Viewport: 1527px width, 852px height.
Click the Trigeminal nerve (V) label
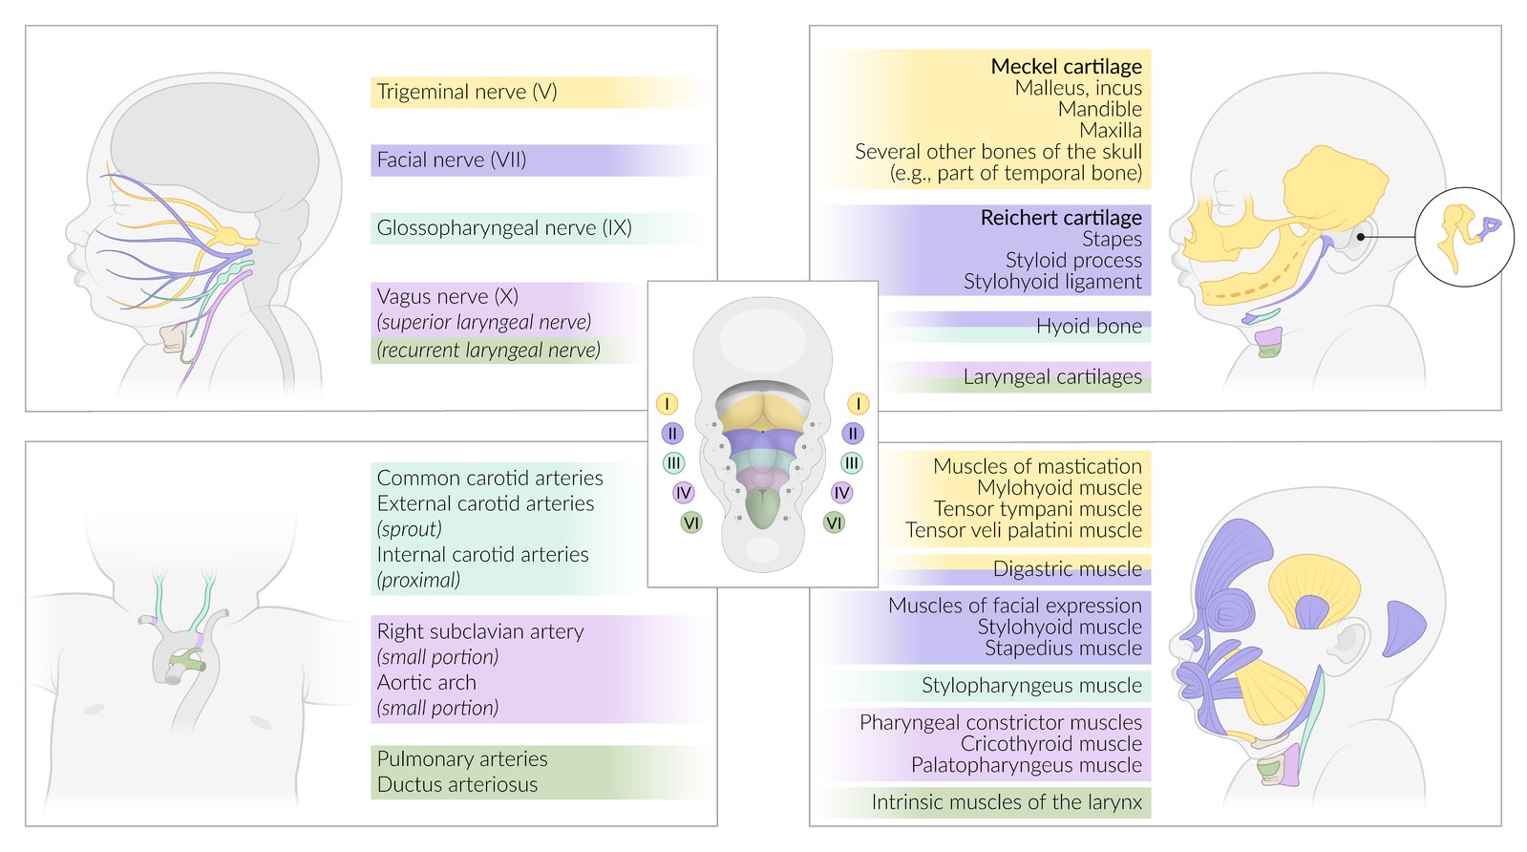point(467,92)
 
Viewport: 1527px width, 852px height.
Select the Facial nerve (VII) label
point(452,160)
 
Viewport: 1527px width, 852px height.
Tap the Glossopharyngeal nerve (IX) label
point(504,227)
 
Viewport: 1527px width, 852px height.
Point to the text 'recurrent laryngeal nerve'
point(489,351)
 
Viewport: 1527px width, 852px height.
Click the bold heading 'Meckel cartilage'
point(1066,66)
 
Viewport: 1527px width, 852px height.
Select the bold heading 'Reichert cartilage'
point(1061,217)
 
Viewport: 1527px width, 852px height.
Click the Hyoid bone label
point(1089,327)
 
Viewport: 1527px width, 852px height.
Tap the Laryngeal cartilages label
point(1052,376)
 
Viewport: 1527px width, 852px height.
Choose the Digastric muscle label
point(1067,569)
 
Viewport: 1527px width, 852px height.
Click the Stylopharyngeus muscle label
point(1031,685)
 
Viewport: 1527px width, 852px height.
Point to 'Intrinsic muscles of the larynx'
point(1007,802)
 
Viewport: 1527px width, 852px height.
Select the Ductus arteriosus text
point(457,785)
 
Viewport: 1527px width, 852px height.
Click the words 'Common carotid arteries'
point(490,478)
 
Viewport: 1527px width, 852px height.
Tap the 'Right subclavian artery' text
point(480,631)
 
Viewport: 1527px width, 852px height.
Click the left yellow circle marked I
point(668,404)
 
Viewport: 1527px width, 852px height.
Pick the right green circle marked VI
point(835,522)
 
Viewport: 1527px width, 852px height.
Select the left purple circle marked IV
point(683,493)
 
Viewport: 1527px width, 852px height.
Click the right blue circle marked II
point(853,434)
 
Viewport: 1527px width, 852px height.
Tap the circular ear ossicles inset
point(1464,237)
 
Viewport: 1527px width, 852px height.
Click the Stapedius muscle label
point(1063,649)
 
